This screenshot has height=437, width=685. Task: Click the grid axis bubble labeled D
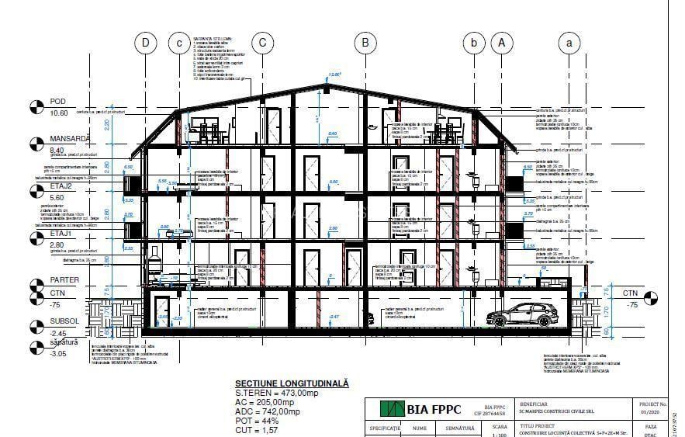pyautogui.click(x=145, y=43)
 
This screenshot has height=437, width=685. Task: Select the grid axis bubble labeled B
pyautogui.click(x=365, y=43)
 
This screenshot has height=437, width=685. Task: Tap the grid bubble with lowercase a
pyautogui.click(x=570, y=43)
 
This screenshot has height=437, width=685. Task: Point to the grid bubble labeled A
pyautogui.click(x=502, y=43)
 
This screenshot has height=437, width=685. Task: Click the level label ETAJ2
pyautogui.click(x=62, y=186)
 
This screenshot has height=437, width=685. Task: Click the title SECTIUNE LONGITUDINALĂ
pyautogui.click(x=292, y=383)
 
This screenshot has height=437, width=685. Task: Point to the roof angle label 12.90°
pyautogui.click(x=335, y=75)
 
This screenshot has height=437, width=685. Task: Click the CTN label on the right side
pyautogui.click(x=632, y=293)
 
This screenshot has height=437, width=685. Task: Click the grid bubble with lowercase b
pyautogui.click(x=473, y=43)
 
